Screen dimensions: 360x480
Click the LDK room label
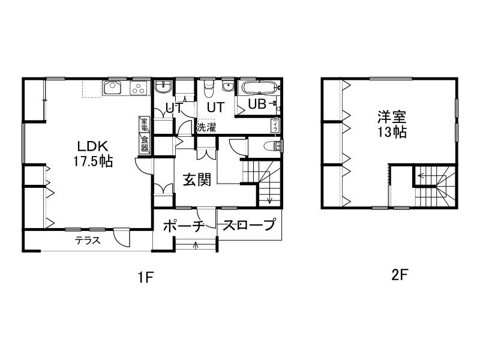(92, 146)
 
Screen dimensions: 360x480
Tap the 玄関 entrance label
(196, 179)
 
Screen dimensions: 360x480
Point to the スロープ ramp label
(248, 226)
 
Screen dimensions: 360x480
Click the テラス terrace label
(87, 241)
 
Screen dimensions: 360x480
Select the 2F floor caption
(400, 275)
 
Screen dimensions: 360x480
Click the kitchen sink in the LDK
(112, 89)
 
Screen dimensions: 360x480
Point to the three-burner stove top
(139, 89)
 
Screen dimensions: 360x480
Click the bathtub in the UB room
(259, 88)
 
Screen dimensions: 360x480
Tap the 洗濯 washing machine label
(206, 127)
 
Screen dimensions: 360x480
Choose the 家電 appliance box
(144, 124)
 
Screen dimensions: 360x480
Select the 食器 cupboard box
(144, 144)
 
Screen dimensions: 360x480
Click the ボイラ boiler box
(275, 125)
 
